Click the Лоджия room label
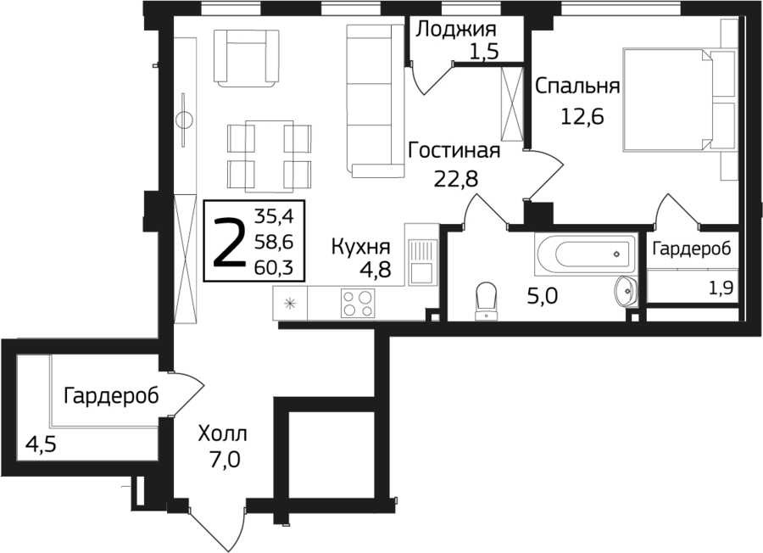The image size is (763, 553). coord(456,29)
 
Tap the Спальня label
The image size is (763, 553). coord(577,87)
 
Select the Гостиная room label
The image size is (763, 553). coord(454,150)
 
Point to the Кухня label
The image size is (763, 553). coord(360,247)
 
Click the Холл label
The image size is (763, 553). coord(222,433)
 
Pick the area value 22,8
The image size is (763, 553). coord(456,179)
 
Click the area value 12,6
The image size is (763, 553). coord(582,116)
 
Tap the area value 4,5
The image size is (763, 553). coord(42,444)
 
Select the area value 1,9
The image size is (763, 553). coord(720,288)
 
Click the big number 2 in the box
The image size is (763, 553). coord(230,242)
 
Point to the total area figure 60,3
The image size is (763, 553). coord(274,267)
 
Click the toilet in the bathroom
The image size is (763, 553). coord(486,301)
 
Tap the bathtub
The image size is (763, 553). coord(585,253)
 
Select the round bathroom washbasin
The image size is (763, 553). coord(626,292)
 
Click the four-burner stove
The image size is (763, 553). coord(358,304)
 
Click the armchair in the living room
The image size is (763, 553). coord(246,59)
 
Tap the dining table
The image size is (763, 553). coord(269,156)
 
